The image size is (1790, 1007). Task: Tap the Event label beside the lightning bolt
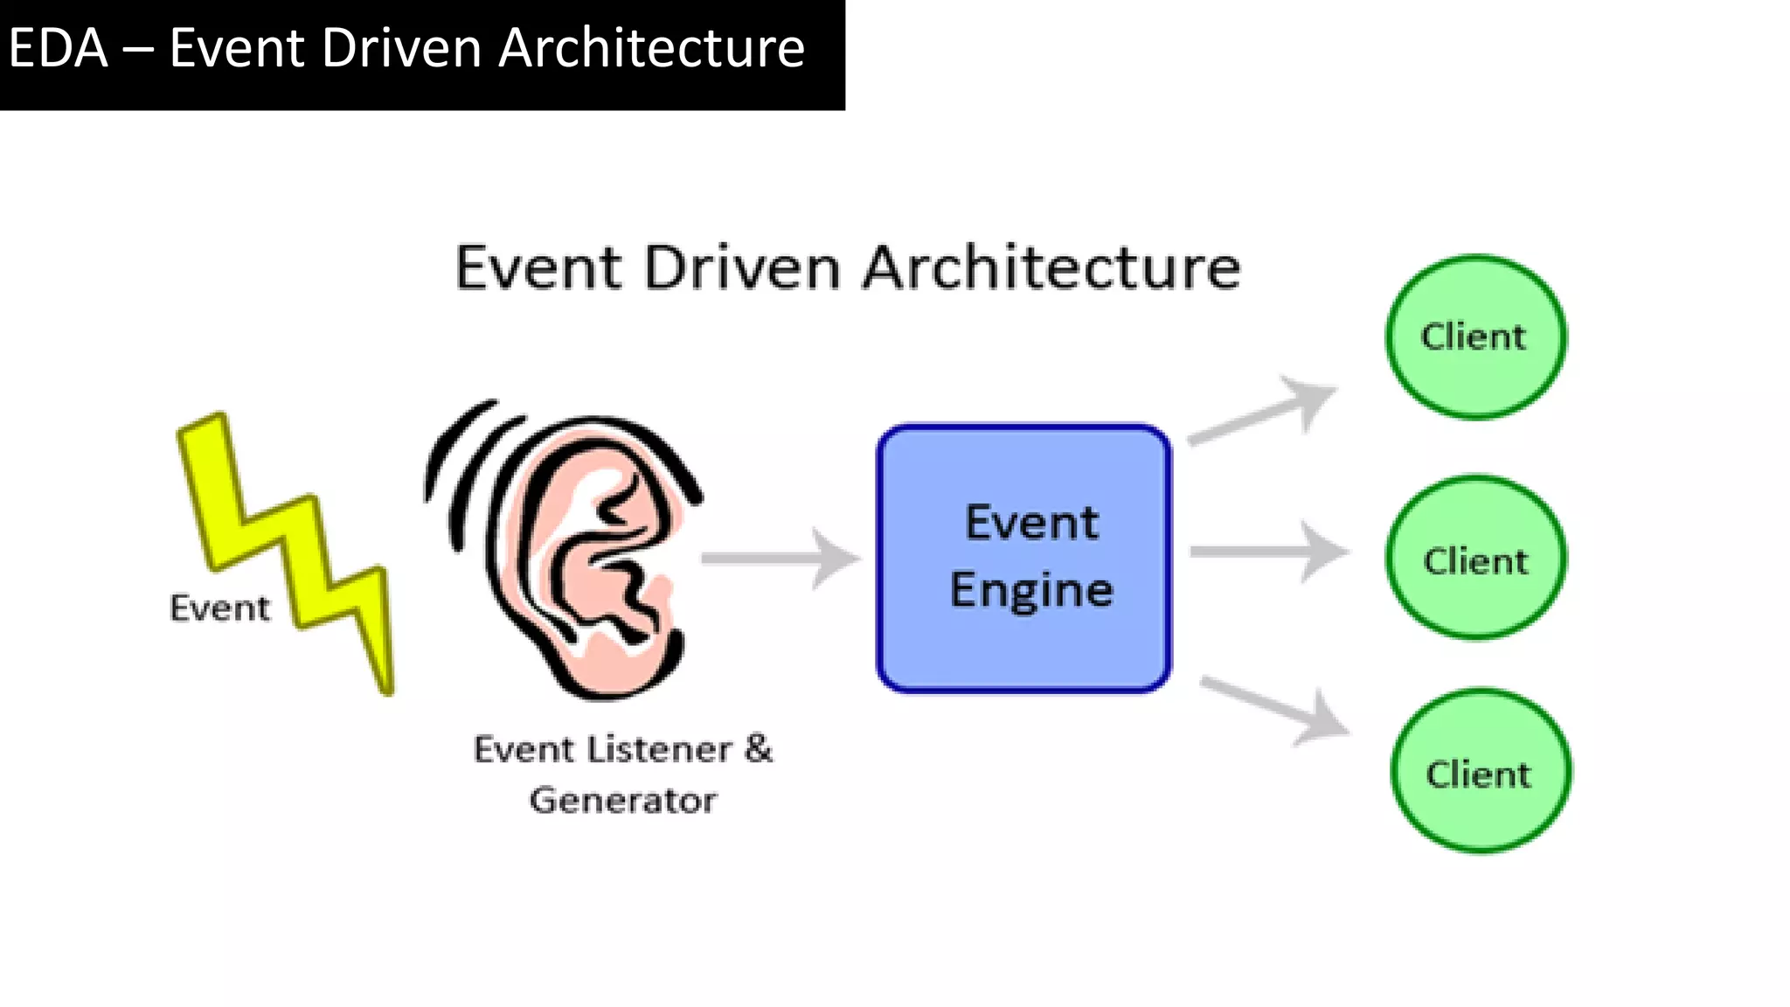[x=219, y=608]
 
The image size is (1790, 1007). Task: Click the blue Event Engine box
[x=1023, y=647]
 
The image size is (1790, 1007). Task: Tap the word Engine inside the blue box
[x=1031, y=591]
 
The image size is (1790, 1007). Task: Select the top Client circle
[x=1475, y=337]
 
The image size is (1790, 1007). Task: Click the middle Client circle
[x=1475, y=559]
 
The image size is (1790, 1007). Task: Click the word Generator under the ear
[x=623, y=801]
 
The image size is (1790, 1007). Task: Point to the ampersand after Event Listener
[x=759, y=749]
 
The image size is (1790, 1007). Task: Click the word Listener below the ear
[x=658, y=750]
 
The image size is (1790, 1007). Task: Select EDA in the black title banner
[x=58, y=48]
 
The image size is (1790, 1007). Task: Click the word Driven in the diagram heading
[x=742, y=267]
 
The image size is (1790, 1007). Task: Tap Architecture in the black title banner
[x=651, y=48]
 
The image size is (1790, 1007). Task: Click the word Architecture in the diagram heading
[x=1051, y=267]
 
